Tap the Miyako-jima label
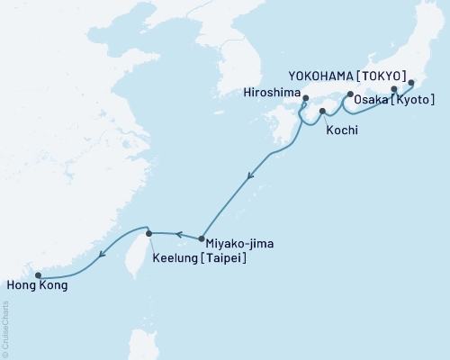(238, 243)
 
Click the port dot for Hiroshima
(306, 99)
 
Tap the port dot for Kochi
(322, 111)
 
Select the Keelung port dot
(149, 233)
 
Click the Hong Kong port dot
(38, 275)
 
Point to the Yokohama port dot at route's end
(411, 83)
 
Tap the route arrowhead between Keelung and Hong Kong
(103, 253)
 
